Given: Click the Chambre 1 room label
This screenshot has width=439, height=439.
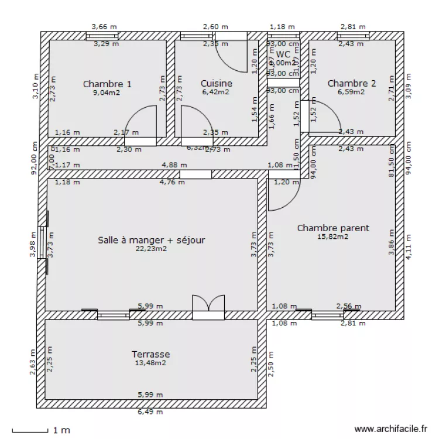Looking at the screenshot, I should pyautogui.click(x=107, y=84).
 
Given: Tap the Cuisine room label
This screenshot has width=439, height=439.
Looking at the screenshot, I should pyautogui.click(x=216, y=84).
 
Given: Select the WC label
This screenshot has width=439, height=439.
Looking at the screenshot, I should pyautogui.click(x=283, y=54).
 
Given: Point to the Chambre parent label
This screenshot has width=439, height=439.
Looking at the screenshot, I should pyautogui.click(x=333, y=228).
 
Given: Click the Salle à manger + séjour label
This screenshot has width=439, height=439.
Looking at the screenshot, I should pyautogui.click(x=152, y=239).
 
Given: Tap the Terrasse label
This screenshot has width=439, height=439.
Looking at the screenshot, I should pyautogui.click(x=150, y=354).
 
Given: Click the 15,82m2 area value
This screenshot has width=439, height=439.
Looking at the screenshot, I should pyautogui.click(x=332, y=236).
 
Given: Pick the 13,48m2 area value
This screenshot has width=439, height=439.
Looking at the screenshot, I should pyautogui.click(x=150, y=363).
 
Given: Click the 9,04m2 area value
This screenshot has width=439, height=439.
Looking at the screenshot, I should pyautogui.click(x=107, y=92).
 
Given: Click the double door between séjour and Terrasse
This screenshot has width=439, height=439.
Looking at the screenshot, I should pyautogui.click(x=208, y=307).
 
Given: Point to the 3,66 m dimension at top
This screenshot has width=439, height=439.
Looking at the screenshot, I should pyautogui.click(x=104, y=27).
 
